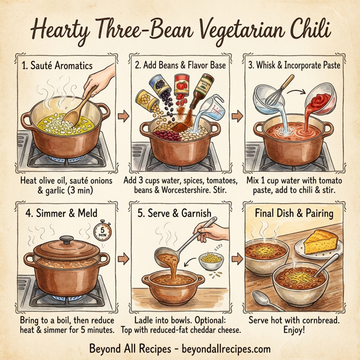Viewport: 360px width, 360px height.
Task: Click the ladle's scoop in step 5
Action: [x=167, y=257]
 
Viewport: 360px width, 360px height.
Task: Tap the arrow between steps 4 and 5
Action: [x=122, y=259]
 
